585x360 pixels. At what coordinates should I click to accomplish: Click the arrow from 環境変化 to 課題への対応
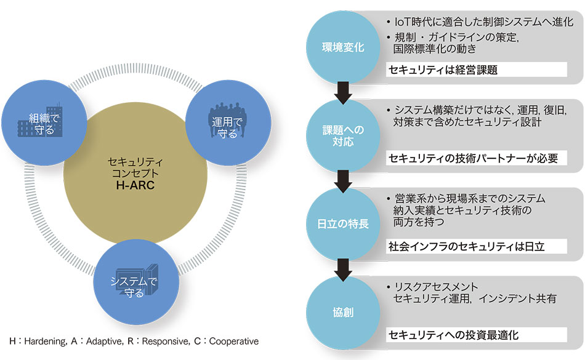pyautogui.click(x=344, y=92)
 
